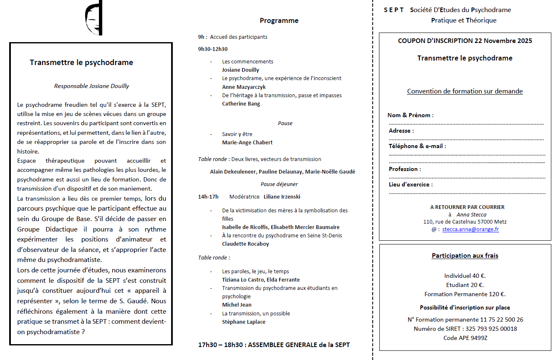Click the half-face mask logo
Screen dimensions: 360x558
tap(93, 19)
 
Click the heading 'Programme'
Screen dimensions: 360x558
tap(279, 20)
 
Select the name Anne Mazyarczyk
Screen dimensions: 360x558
tap(244, 87)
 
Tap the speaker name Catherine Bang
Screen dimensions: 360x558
tap(241, 104)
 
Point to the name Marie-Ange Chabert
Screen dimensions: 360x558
tap(247, 143)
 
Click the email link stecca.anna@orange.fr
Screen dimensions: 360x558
tap(471, 229)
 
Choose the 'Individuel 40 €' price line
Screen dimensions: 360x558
tap(465, 276)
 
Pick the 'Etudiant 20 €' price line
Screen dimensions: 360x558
tap(465, 285)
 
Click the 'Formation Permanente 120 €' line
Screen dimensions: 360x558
tap(465, 294)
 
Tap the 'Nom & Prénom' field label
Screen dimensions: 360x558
tap(410, 116)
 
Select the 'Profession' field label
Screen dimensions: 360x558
tap(405, 169)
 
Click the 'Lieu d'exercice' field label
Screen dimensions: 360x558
tap(411, 184)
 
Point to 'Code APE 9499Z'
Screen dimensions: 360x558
tap(465, 338)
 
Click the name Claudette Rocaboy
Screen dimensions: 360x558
tap(245, 244)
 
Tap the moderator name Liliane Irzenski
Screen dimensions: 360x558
tap(282, 196)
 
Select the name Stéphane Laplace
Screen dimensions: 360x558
tap(244, 322)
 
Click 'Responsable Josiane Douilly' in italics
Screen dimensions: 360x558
tap(92, 86)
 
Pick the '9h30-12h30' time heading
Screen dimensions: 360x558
tap(213, 49)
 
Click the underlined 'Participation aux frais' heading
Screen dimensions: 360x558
tap(465, 256)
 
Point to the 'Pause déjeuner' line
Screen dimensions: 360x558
tap(279, 184)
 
